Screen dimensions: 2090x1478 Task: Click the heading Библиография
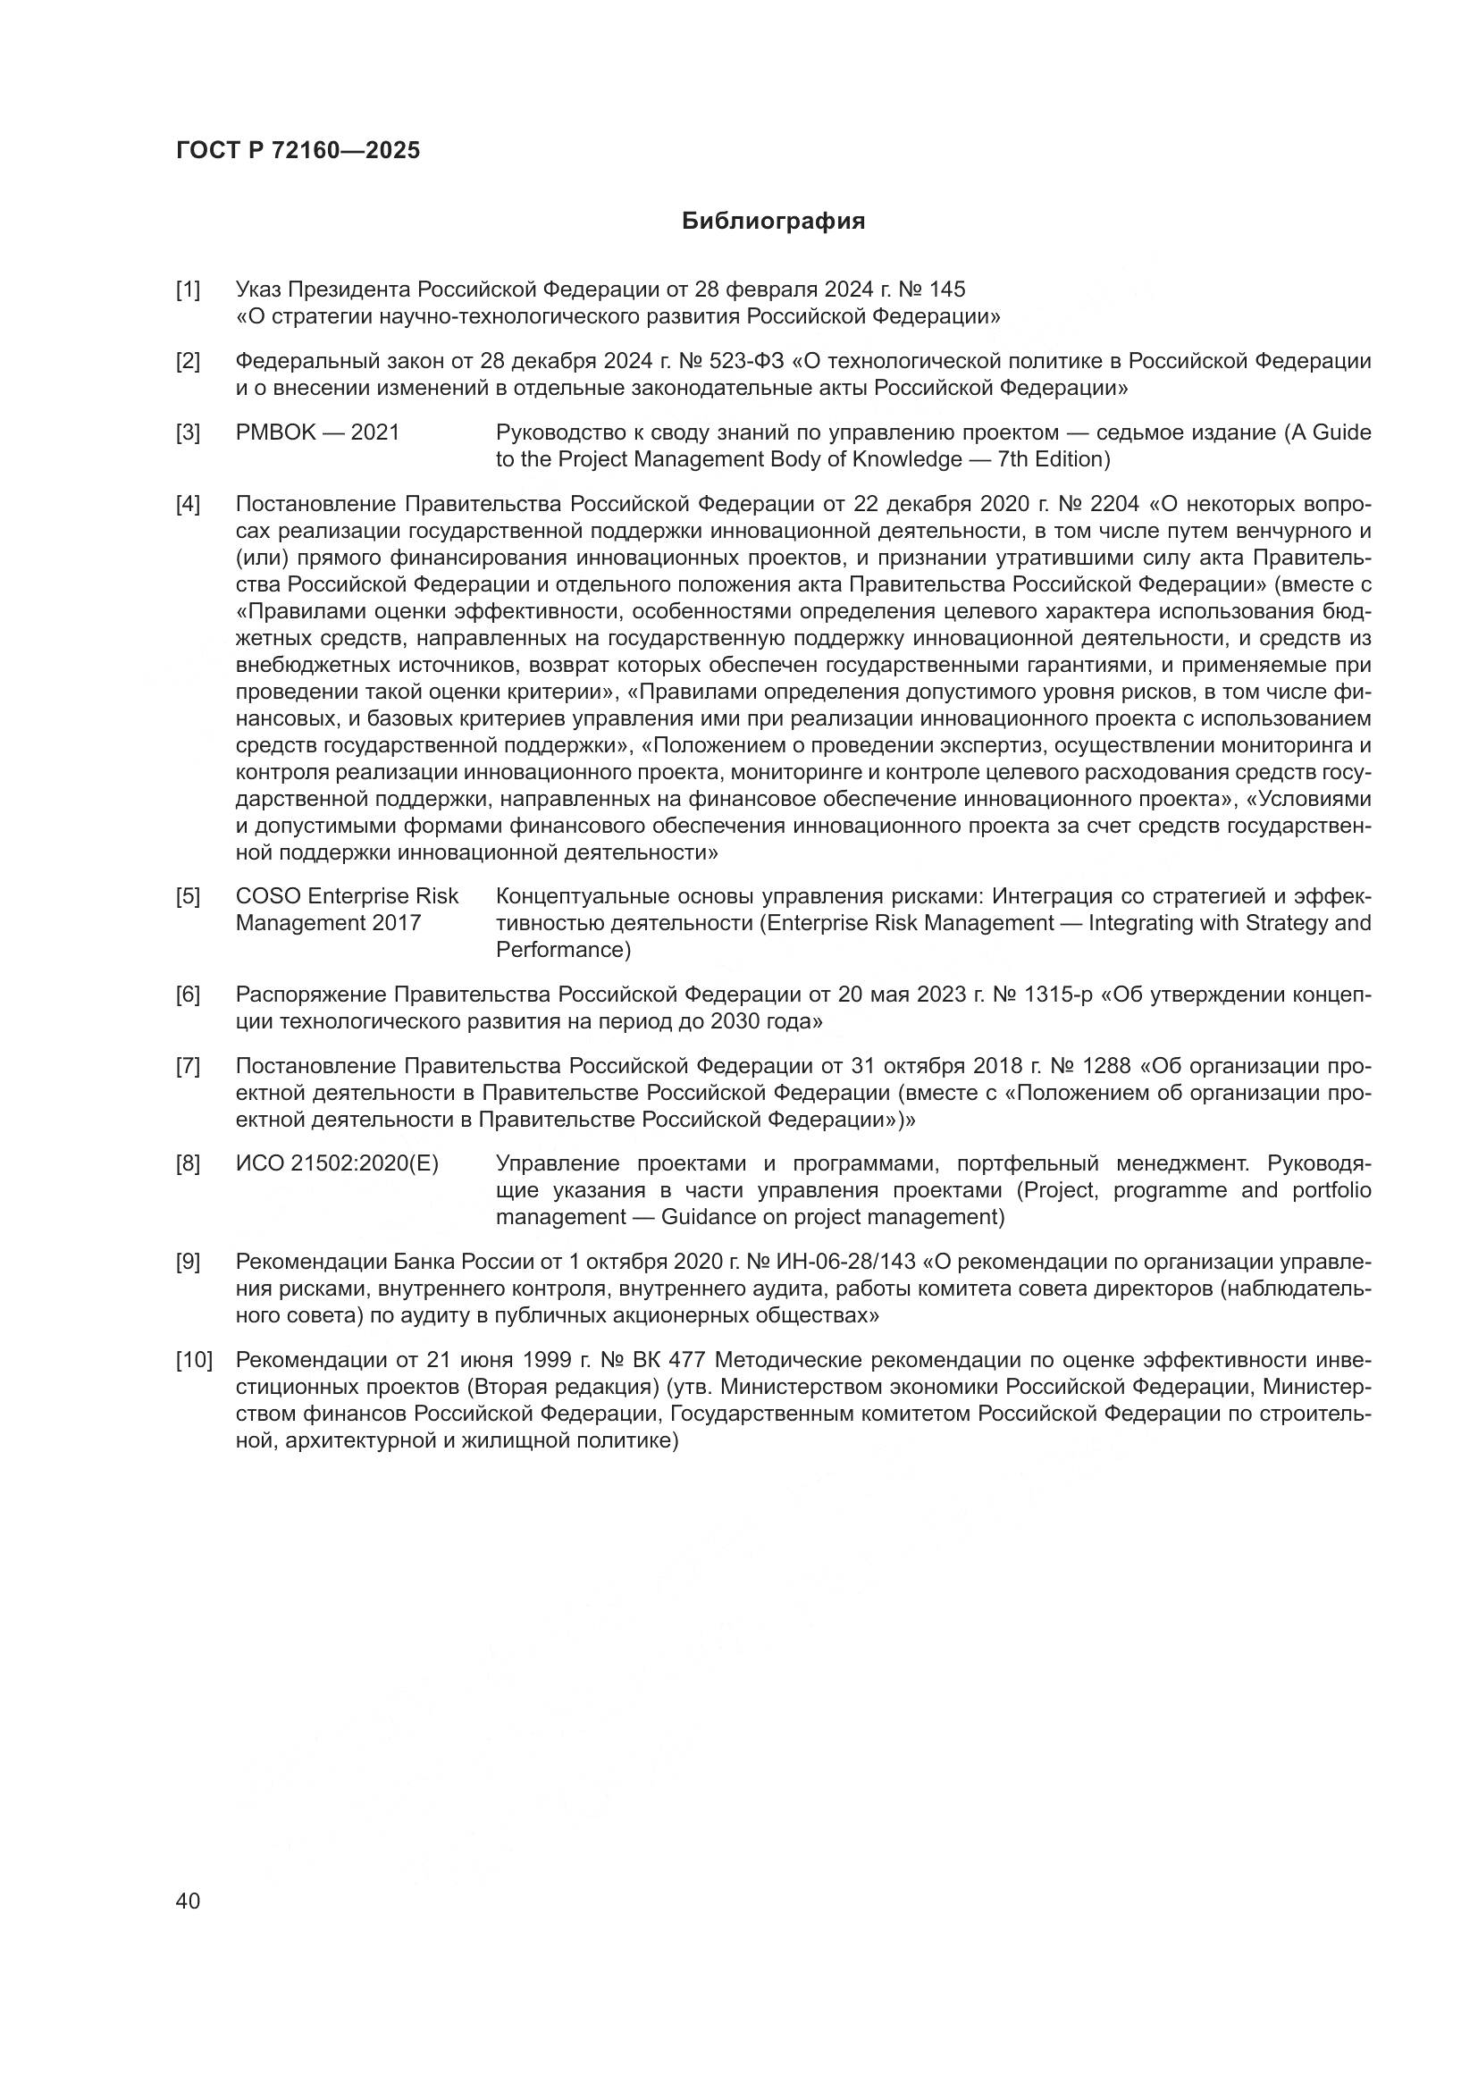[773, 222]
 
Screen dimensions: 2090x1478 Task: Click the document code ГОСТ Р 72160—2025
[298, 151]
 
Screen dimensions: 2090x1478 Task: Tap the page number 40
[188, 1901]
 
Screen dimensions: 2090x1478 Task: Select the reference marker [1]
[188, 290]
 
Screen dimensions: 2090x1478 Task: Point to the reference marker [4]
[188, 504]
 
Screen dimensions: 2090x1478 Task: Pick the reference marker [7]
[188, 1066]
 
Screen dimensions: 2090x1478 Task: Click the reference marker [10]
[194, 1361]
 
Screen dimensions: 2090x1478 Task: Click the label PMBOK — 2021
[316, 432]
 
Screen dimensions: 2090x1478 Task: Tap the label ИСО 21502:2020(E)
[337, 1164]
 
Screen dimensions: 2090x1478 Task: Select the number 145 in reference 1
[947, 290]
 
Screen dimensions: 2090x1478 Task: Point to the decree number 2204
[1115, 504]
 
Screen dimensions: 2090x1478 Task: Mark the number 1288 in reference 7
[1105, 1066]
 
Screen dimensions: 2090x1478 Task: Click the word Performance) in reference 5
[563, 951]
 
